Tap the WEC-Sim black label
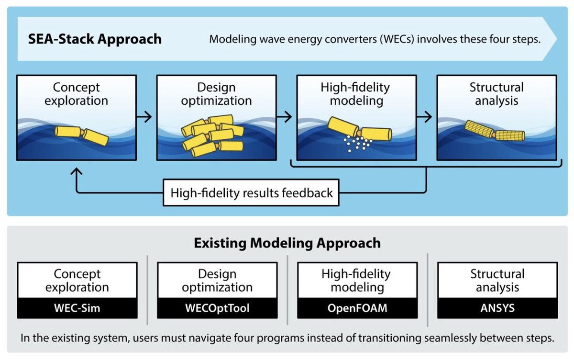coord(77,307)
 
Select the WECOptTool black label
coord(217,307)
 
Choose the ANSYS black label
coord(497,307)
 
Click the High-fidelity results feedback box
coord(252,193)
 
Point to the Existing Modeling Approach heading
coord(287,243)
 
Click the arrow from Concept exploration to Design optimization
coord(144,116)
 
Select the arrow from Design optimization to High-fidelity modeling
coord(285,116)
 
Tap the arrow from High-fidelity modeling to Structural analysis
coord(424,116)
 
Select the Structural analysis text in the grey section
coord(497,281)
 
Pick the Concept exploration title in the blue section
coord(77,94)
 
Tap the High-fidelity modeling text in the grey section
coord(356,281)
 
